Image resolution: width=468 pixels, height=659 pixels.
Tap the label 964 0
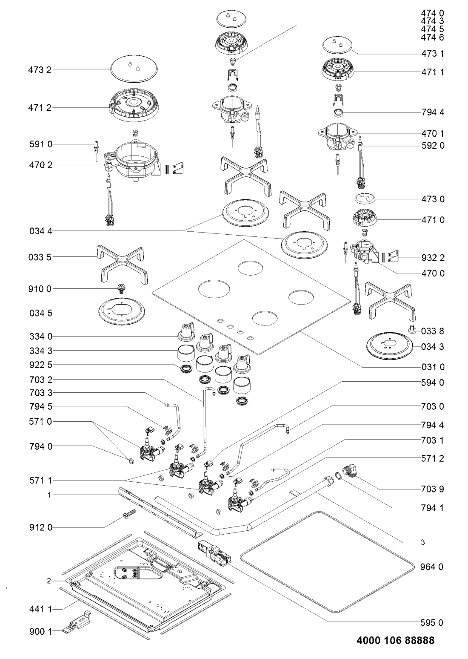434,567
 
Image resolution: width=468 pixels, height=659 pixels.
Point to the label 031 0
434,367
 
